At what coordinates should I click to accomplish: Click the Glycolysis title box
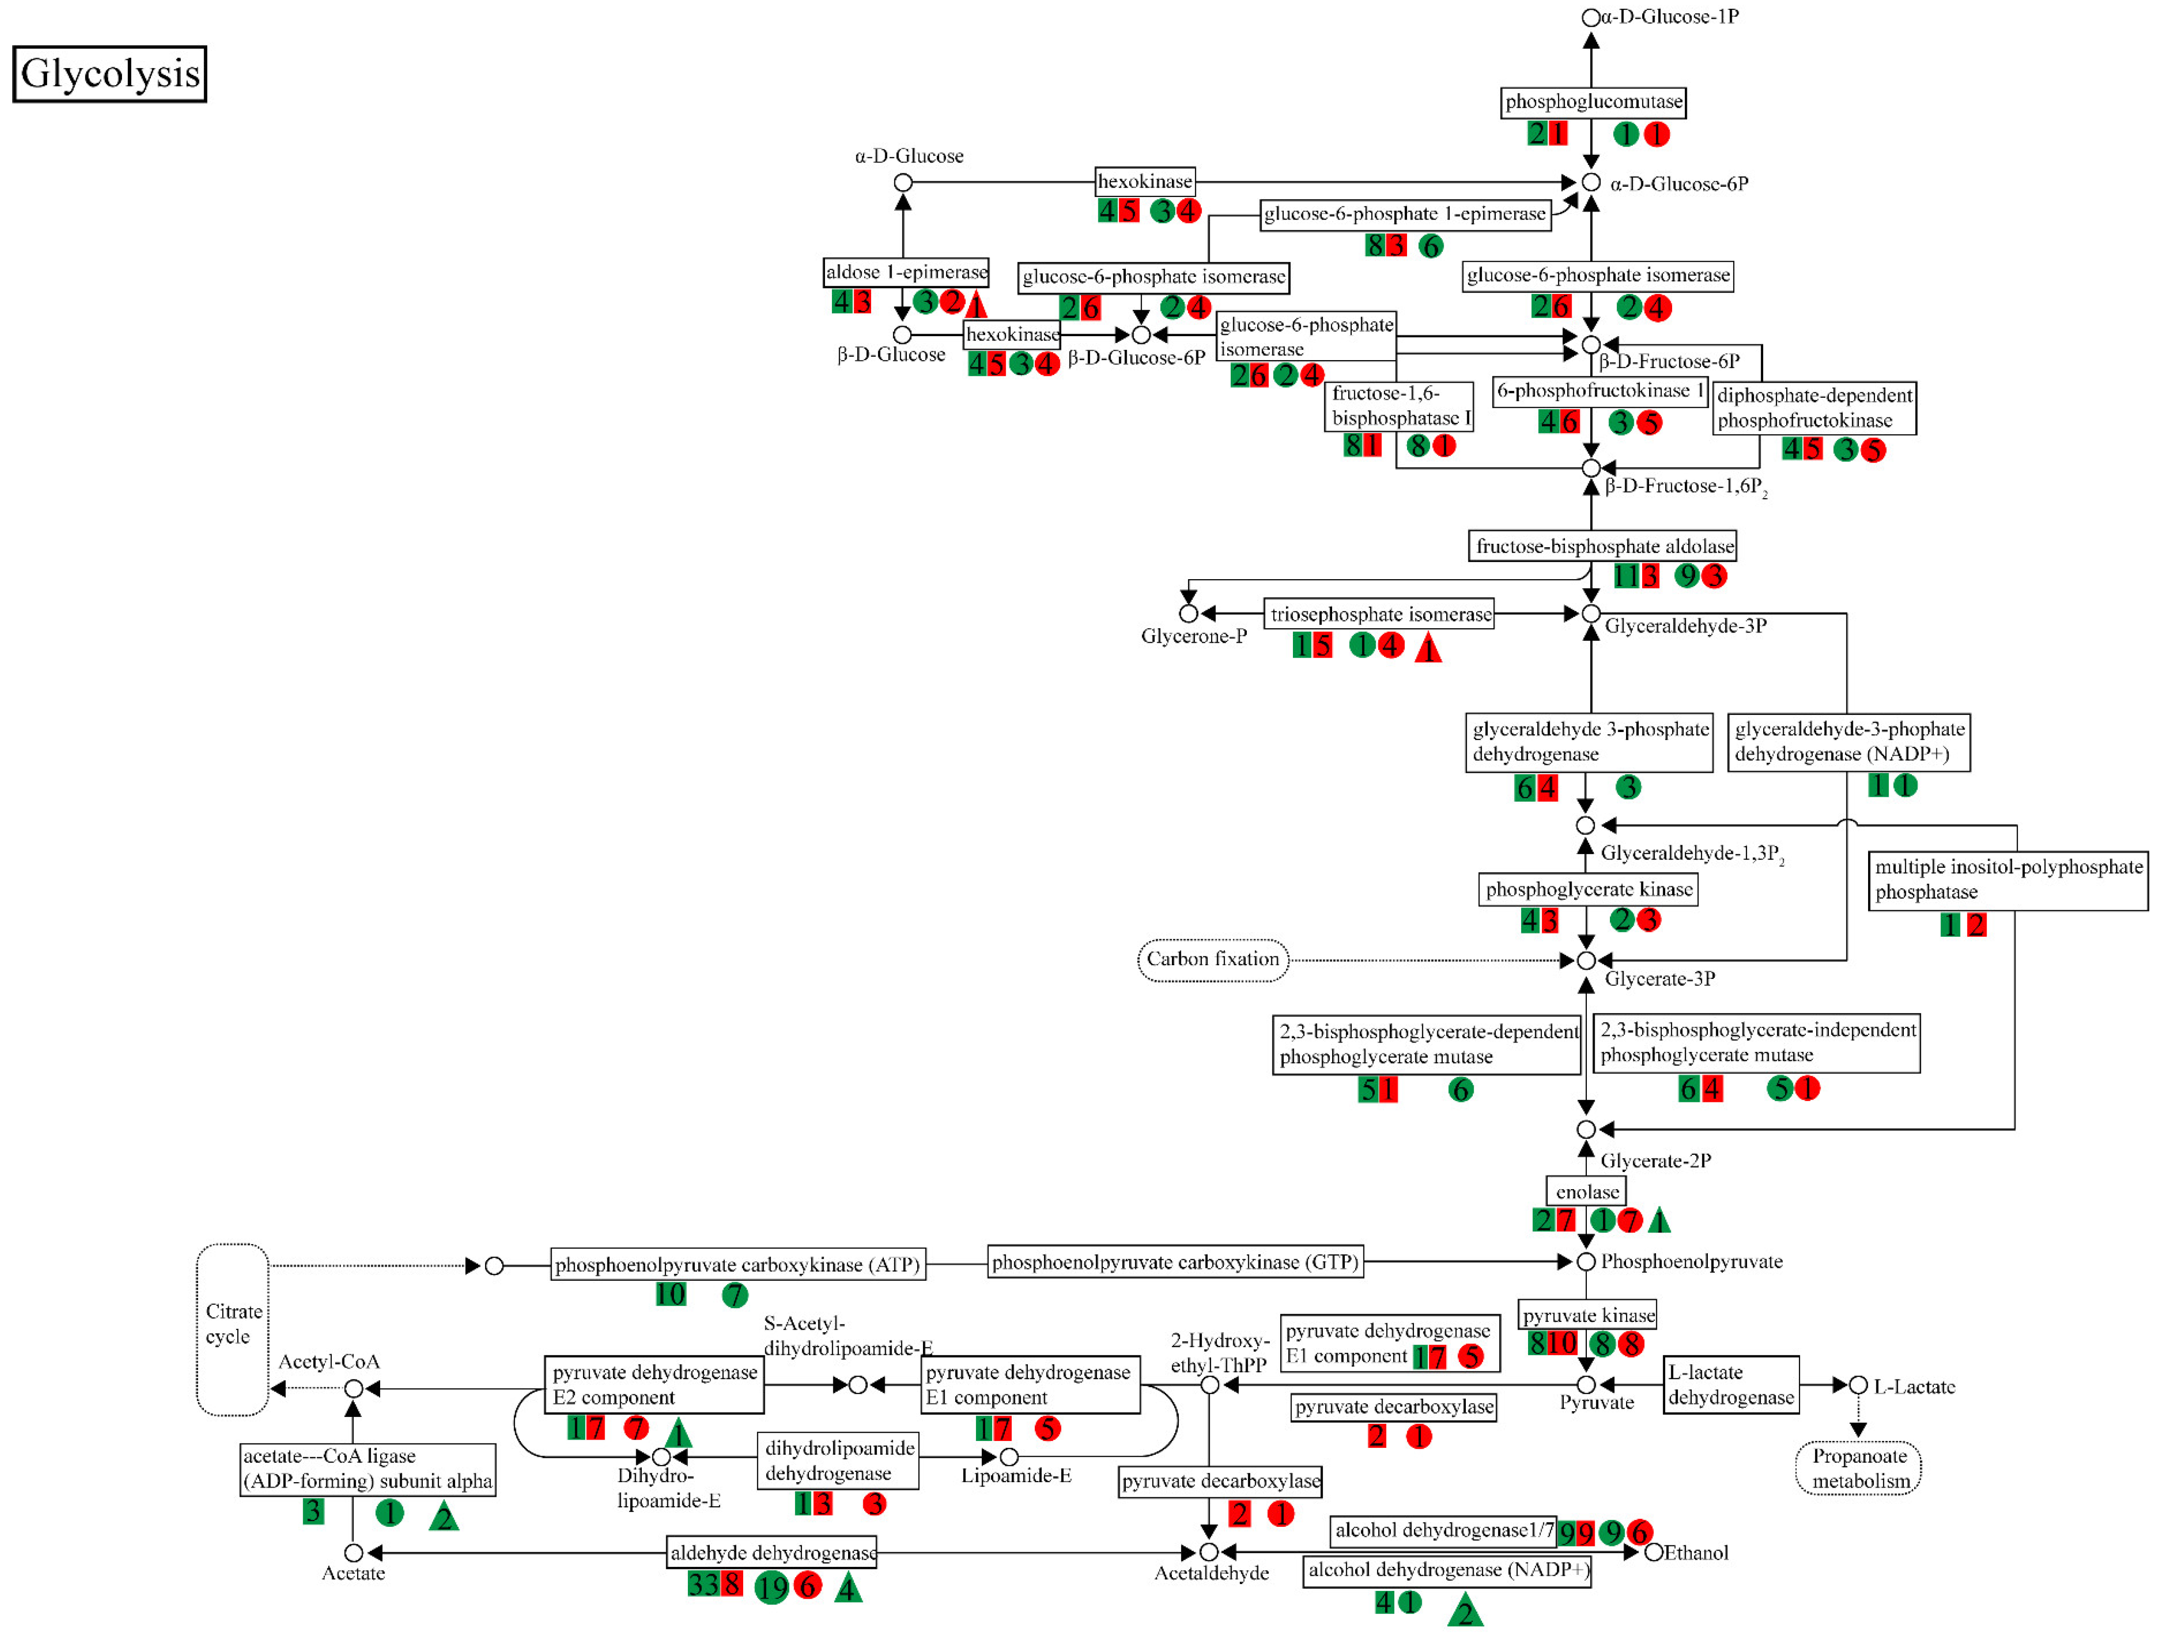[110, 73]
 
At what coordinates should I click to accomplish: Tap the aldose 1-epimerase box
[905, 272]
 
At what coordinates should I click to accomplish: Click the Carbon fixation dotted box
[1213, 959]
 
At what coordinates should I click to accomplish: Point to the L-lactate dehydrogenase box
[1731, 1385]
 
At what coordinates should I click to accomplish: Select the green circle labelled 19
[772, 1587]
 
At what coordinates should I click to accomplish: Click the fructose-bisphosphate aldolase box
[1603, 546]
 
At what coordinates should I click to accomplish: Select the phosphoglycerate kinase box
[1588, 889]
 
